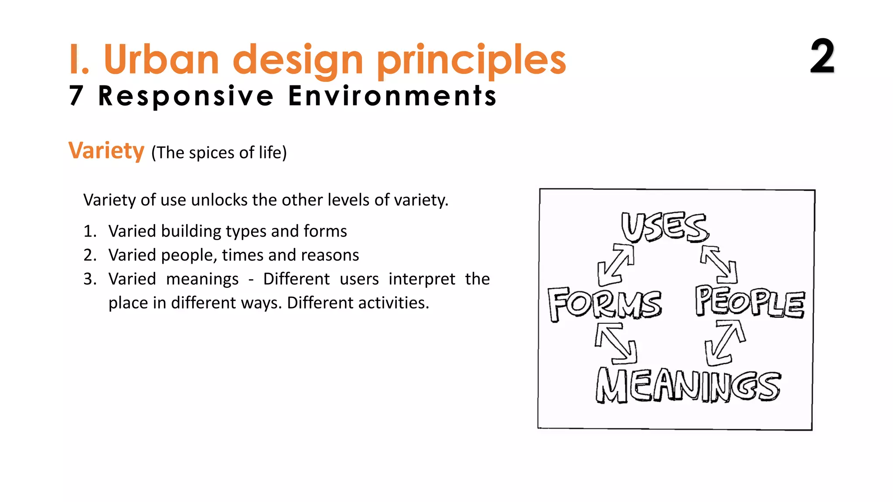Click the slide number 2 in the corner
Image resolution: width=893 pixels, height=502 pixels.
(x=822, y=56)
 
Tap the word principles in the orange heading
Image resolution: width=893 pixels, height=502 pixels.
(x=471, y=60)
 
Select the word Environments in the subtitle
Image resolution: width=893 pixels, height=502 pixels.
(x=392, y=96)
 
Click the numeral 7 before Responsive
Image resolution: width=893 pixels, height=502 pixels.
(x=76, y=96)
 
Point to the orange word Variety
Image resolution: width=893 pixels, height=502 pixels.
(x=106, y=151)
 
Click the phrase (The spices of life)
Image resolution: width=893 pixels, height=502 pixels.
(x=219, y=153)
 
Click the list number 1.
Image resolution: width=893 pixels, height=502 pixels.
(x=89, y=231)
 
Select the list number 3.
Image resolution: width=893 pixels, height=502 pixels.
(x=89, y=279)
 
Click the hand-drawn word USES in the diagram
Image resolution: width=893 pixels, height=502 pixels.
(x=665, y=227)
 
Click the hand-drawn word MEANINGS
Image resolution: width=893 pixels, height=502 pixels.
(x=688, y=385)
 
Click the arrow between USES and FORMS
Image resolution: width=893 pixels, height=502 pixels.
(x=616, y=265)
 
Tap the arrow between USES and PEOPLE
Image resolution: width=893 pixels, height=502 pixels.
(x=719, y=264)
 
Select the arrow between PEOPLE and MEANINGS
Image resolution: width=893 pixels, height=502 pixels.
(x=725, y=343)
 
